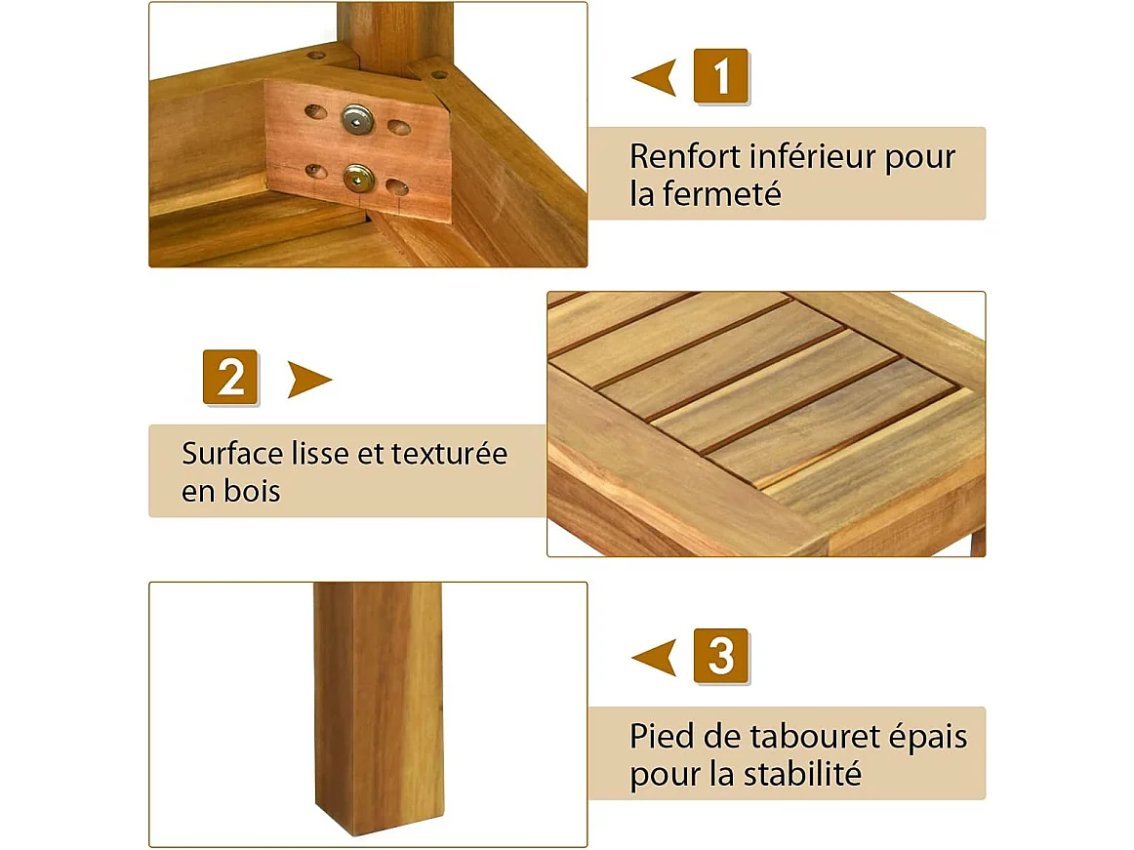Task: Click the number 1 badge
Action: click(720, 76)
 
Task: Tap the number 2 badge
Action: click(230, 377)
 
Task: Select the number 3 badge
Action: click(720, 656)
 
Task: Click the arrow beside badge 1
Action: click(655, 77)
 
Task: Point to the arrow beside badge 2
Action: click(308, 379)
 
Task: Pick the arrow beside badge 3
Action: click(655, 657)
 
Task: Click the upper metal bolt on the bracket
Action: click(357, 121)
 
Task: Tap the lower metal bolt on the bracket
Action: click(357, 178)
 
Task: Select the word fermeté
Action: click(721, 193)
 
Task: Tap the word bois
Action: click(252, 491)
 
